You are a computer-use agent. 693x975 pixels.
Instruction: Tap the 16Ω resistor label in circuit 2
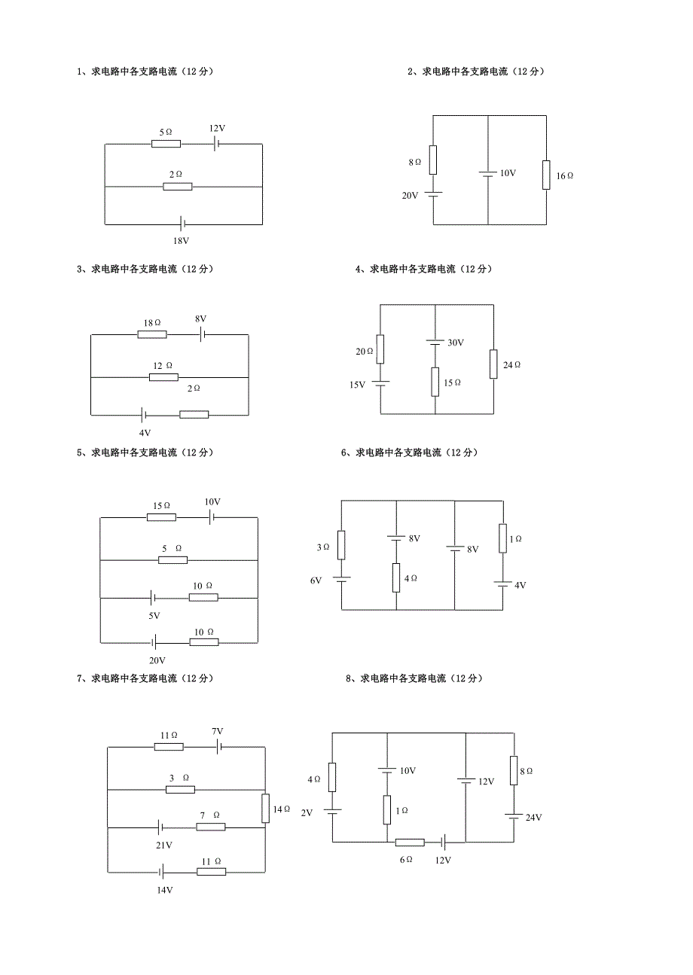pos(564,175)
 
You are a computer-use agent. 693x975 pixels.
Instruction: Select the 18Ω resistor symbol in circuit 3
pos(151,334)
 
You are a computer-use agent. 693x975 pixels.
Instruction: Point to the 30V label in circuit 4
pos(456,343)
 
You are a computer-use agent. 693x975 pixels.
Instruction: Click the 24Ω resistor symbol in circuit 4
pos(493,364)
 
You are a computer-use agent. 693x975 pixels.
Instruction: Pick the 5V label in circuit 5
pos(154,616)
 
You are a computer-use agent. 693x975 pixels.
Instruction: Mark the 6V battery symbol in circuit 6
pos(341,579)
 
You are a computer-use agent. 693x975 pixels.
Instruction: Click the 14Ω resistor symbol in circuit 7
pos(265,808)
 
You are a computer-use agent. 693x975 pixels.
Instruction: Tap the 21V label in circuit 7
pos(163,846)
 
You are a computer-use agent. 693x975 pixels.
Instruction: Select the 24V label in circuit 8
pos(533,818)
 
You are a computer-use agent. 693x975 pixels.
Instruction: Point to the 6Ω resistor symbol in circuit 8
pos(410,842)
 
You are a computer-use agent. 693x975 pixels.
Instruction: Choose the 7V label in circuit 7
pos(217,731)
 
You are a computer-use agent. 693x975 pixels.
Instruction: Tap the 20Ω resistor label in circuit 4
pos(365,352)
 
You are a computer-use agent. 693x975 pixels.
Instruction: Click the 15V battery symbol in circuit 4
pos(380,384)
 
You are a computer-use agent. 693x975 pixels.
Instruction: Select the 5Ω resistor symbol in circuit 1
pos(166,143)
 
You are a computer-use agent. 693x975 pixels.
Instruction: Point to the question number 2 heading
pos(475,72)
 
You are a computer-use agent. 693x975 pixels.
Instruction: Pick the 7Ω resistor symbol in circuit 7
pos(211,827)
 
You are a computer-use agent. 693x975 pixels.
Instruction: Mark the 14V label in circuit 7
pos(165,890)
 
